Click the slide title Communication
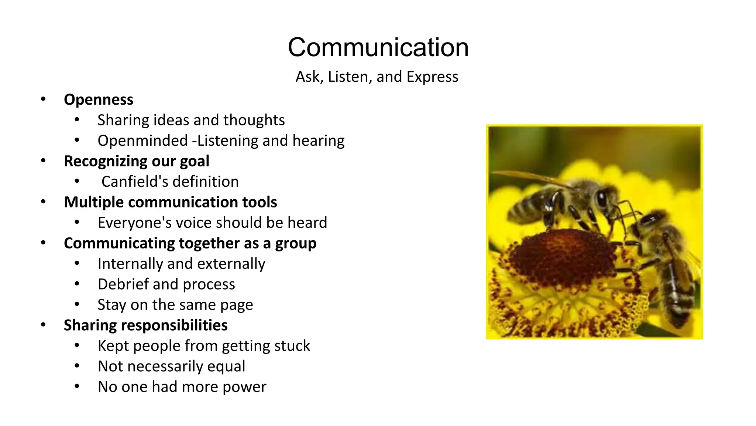click(x=378, y=47)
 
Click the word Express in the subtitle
click(x=432, y=77)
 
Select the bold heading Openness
click(x=99, y=100)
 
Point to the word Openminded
click(x=143, y=141)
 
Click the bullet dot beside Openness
click(x=43, y=99)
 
